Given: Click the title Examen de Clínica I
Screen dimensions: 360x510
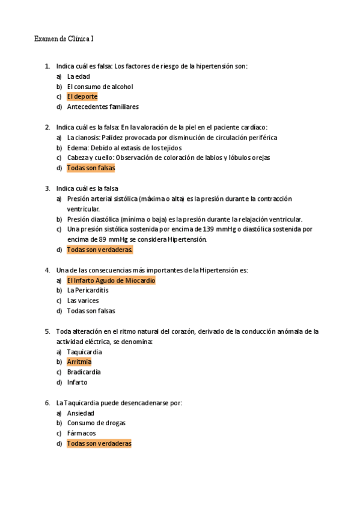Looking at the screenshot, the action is tap(64, 39).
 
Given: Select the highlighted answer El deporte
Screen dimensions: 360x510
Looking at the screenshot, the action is tap(82, 96).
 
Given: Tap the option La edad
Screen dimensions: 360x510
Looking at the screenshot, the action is tap(79, 76).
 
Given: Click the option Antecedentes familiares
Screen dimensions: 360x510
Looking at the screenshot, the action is tap(103, 106).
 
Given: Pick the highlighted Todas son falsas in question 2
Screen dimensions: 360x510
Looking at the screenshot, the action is tap(91, 168).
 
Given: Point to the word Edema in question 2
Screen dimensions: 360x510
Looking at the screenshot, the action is tap(76, 147).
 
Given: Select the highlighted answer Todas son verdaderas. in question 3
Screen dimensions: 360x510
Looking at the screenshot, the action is tap(100, 250).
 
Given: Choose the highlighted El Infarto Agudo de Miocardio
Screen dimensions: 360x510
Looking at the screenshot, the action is tap(111, 280).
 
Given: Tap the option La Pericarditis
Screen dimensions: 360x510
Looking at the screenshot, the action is tap(88, 290).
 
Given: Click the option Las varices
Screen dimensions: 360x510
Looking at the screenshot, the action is tap(83, 301).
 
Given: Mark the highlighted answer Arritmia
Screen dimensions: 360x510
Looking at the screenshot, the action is tap(79, 362).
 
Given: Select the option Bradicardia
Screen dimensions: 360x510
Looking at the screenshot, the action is tap(84, 372).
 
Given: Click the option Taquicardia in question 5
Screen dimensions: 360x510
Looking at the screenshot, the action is tap(85, 352).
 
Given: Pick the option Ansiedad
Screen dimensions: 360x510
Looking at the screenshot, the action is tap(81, 413).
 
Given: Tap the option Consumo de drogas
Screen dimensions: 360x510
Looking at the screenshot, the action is tap(97, 423).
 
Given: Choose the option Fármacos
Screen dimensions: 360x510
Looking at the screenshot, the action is tap(81, 434).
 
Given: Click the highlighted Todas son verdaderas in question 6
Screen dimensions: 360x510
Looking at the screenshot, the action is tap(99, 444).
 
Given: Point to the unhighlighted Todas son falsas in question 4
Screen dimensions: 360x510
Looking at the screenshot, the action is tap(91, 311).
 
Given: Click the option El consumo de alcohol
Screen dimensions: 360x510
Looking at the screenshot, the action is tap(100, 87).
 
